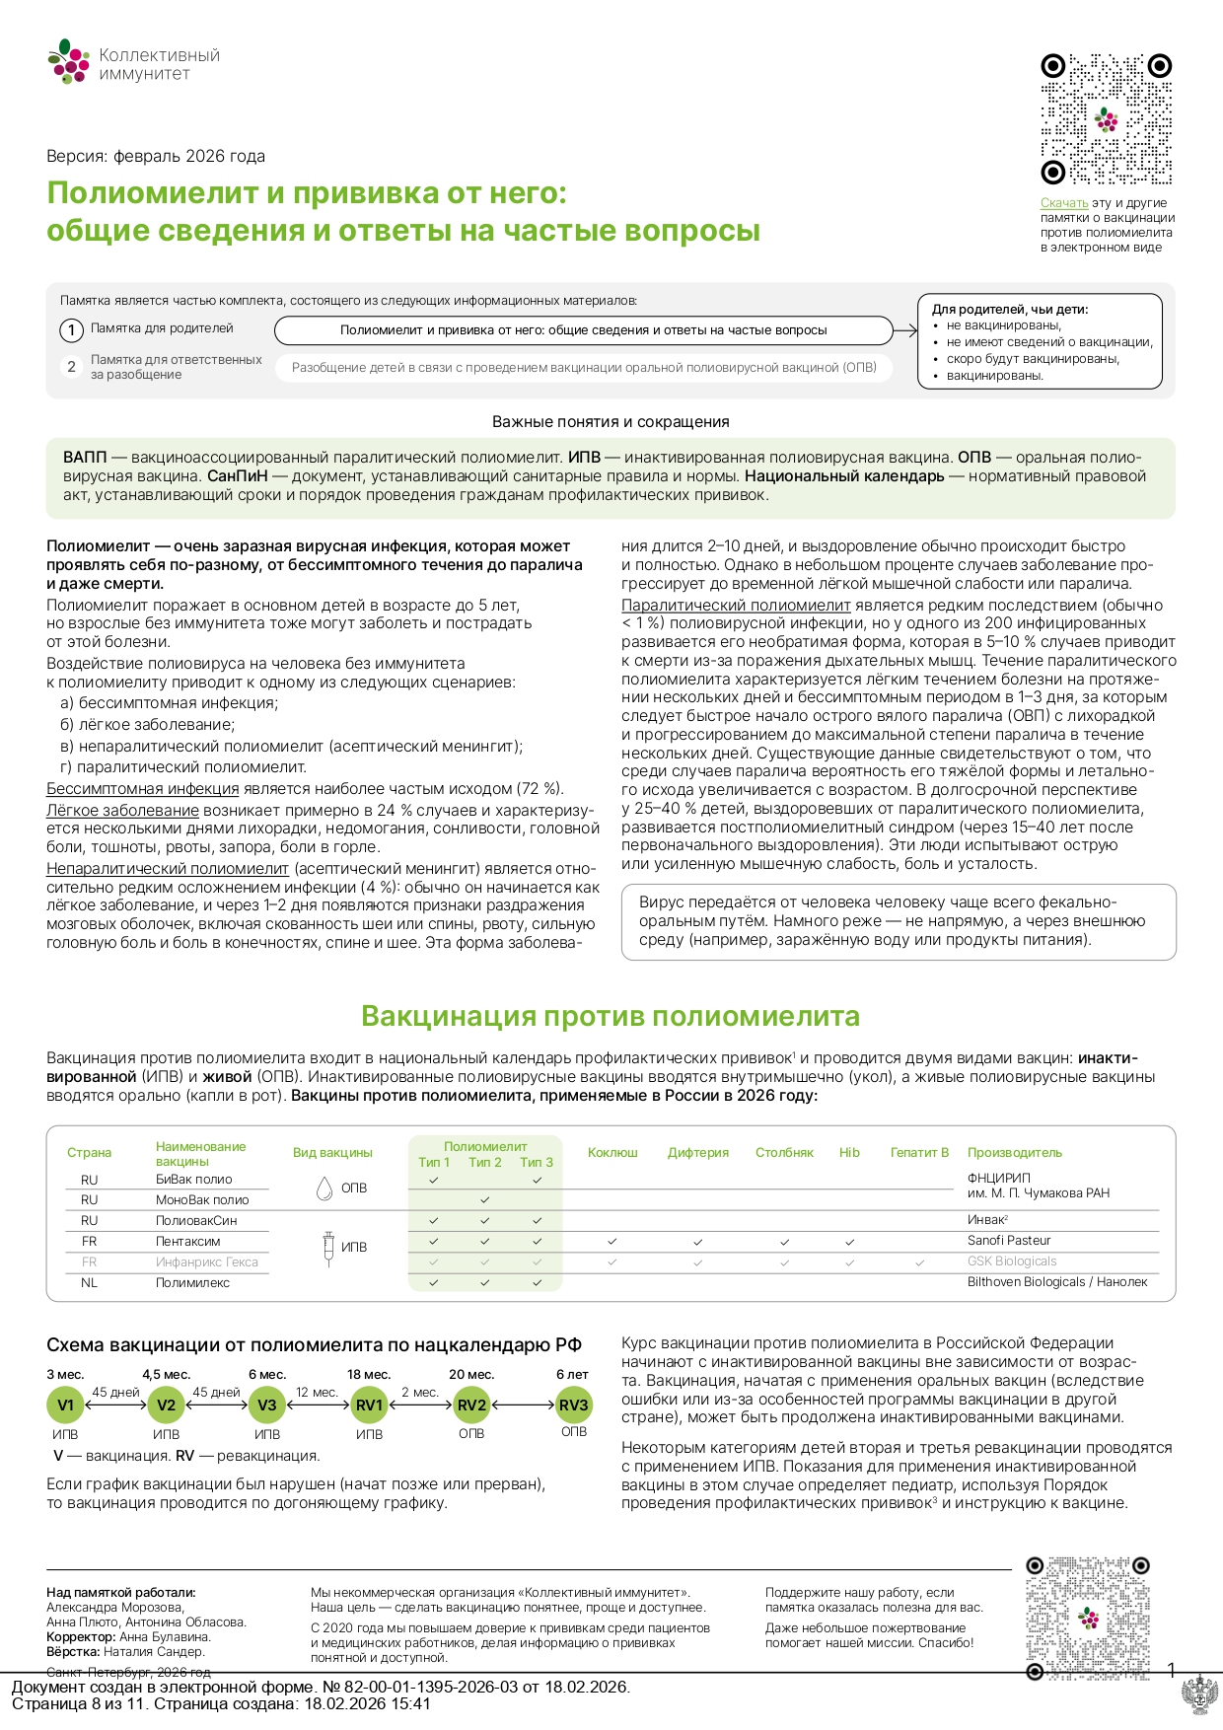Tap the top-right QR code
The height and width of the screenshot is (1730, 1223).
coord(1106,119)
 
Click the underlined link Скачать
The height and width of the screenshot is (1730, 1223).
coord(1064,203)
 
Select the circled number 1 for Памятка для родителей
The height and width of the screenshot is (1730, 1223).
coord(71,330)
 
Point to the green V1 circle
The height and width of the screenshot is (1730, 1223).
coord(65,1406)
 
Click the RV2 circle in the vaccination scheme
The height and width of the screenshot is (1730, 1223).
coord(471,1406)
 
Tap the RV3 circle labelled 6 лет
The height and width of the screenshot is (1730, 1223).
coord(573,1406)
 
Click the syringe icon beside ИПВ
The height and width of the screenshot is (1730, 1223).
coord(328,1248)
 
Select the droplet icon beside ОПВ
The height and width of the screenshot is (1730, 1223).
coord(324,1189)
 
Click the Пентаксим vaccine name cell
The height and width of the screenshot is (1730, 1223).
coord(188,1242)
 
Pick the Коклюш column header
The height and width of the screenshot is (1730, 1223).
coord(612,1153)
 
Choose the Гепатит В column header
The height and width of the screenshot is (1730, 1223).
coord(919,1153)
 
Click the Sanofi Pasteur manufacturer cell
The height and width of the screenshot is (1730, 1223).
coord(1009,1241)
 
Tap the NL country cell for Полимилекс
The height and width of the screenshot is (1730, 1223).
coord(89,1283)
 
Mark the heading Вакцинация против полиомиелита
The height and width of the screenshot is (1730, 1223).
coord(611,1016)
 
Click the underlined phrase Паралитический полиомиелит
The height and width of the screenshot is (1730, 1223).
coord(736,606)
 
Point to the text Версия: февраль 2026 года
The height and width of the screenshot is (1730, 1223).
coord(156,156)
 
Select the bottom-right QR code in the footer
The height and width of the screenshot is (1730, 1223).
coord(1088,1618)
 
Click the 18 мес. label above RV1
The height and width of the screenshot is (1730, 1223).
coord(369,1375)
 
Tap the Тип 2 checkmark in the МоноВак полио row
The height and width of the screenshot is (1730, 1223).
coord(484,1200)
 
